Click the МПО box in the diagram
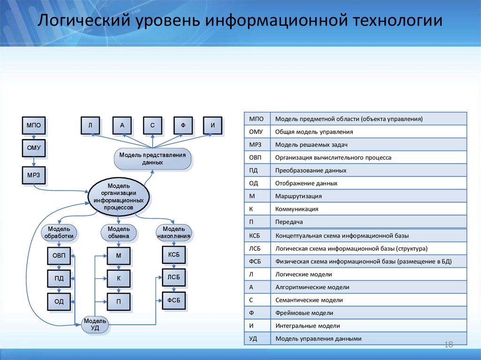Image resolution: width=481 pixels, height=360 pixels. (33, 125)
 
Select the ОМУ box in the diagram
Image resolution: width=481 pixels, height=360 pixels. (33, 148)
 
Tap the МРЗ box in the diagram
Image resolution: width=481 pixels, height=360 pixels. (33, 175)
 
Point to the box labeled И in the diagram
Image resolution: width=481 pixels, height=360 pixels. (213, 125)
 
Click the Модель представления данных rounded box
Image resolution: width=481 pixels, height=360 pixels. (152, 159)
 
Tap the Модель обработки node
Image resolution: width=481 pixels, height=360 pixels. (59, 232)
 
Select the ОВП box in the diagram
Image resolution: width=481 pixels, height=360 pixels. (59, 255)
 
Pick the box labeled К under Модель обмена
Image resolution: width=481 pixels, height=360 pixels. (118, 278)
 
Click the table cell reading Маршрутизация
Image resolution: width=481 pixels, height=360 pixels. (298, 196)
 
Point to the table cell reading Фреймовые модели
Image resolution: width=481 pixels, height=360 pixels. (304, 313)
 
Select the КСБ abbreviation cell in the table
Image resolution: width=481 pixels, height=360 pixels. (257, 235)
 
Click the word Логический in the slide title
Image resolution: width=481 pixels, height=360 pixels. (83, 22)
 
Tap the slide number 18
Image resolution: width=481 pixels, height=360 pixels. (448, 345)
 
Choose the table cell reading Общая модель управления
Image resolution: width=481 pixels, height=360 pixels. (314, 132)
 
